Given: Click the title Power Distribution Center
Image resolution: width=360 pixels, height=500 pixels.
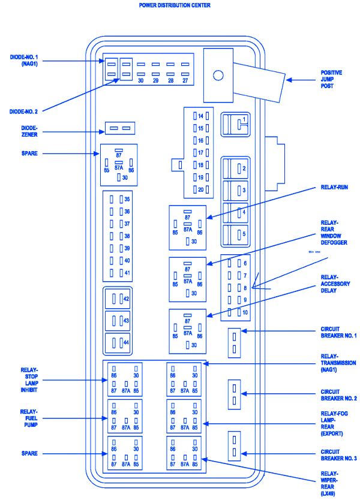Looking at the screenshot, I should coord(175,5).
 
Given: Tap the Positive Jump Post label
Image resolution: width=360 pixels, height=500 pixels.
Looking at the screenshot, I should coord(331,79).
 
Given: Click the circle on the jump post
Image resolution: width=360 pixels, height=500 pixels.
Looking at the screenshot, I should coord(218,76).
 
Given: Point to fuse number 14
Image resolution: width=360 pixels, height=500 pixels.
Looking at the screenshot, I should coord(200,116).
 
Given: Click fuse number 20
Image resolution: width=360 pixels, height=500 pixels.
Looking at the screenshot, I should coord(200,189).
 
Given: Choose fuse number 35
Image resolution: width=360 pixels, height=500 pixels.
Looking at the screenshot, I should coord(127,199).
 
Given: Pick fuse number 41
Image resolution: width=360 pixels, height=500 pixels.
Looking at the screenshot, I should coord(127,273).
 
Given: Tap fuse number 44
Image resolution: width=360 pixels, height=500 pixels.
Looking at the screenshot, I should coord(126,342).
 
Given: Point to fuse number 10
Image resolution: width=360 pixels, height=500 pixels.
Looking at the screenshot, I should coord(244,312).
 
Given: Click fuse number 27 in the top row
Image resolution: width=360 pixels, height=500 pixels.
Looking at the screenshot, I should coord(185,80).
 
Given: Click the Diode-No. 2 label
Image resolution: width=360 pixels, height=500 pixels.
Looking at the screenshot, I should coord(23,112).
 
